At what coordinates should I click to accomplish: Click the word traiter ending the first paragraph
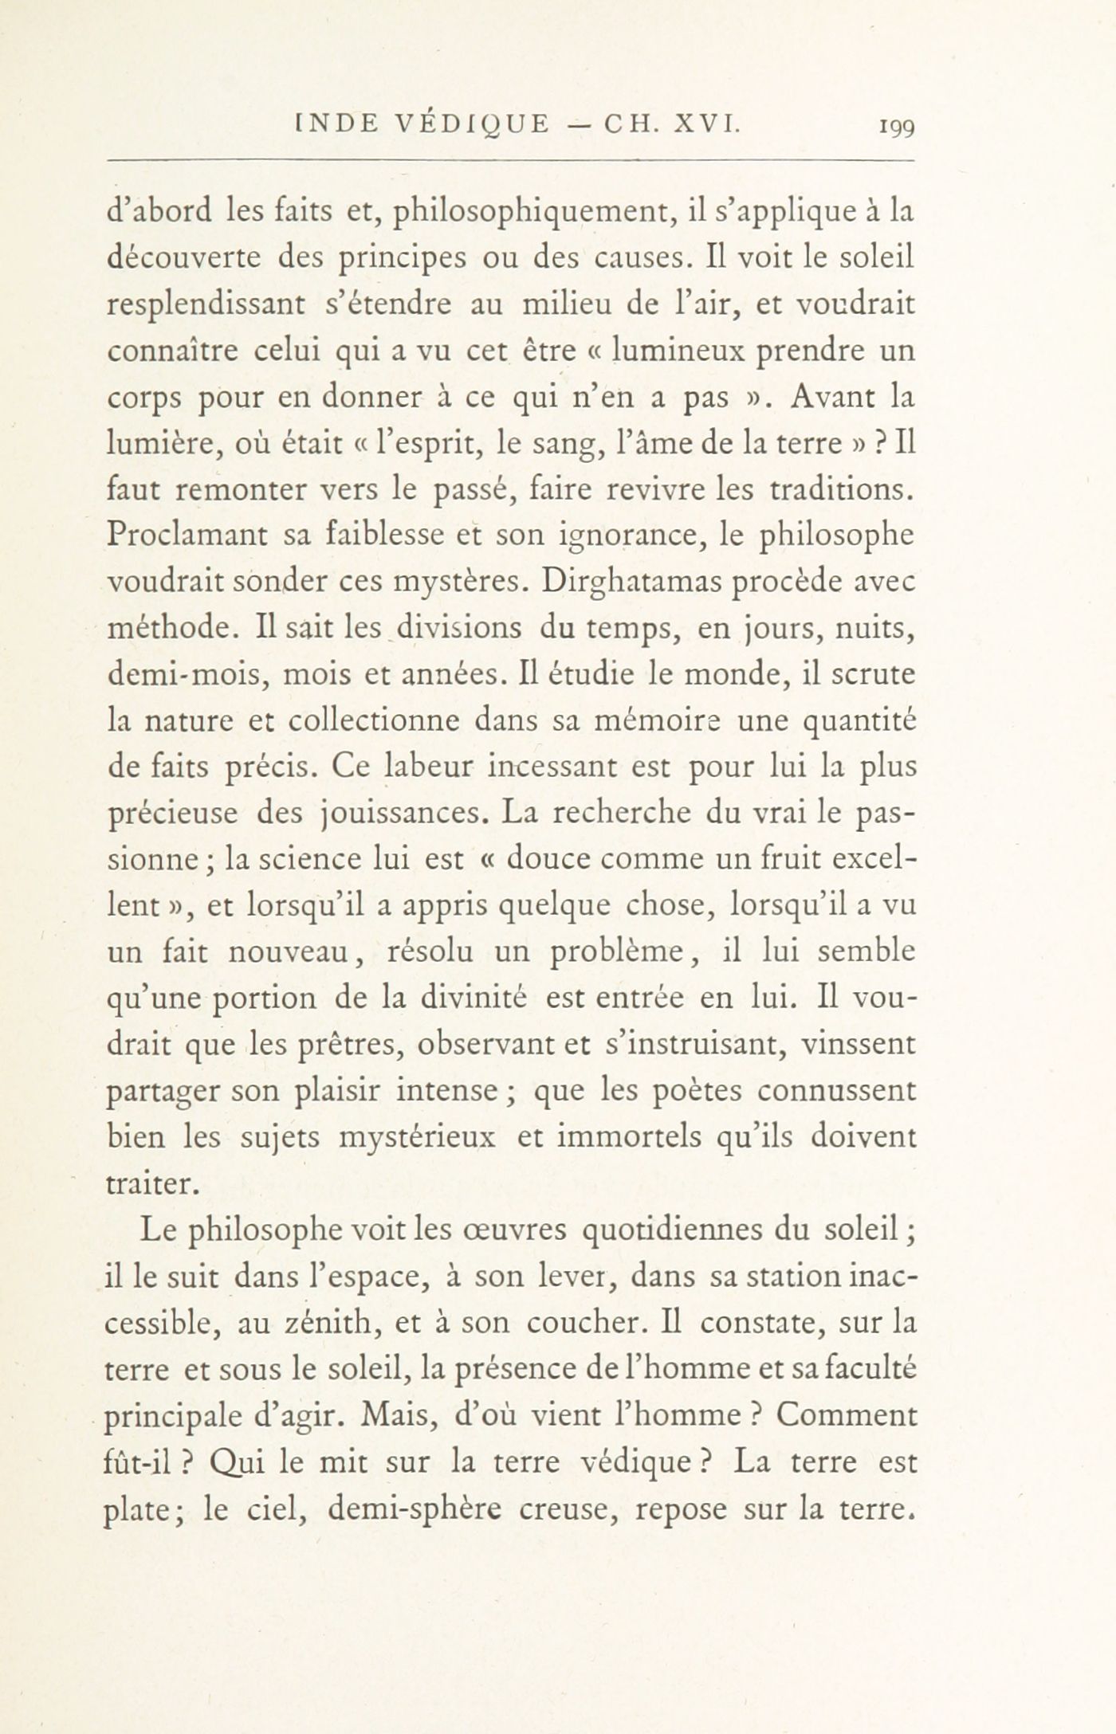tap(151, 1184)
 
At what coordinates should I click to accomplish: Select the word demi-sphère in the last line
tap(394, 1508)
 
